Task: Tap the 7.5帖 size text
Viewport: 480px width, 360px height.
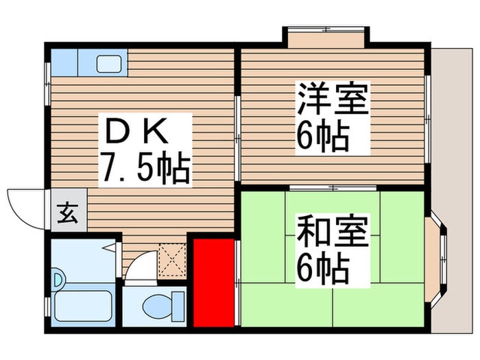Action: tap(145, 167)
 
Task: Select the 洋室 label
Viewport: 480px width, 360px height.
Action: tap(332, 99)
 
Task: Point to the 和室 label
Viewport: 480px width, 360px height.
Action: tap(332, 231)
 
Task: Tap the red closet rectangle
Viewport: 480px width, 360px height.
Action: tap(214, 283)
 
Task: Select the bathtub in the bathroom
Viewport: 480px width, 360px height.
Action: tap(83, 305)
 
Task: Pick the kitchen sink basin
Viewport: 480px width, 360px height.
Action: tap(109, 64)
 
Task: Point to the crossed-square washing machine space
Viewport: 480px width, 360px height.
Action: tap(172, 260)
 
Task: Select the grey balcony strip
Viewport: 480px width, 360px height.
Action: tap(452, 190)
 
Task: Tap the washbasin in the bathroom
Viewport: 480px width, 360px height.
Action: tap(58, 279)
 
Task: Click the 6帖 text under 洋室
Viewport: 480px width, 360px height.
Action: tap(322, 139)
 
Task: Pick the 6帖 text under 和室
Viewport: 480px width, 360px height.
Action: tap(322, 270)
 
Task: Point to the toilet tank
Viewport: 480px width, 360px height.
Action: tap(178, 306)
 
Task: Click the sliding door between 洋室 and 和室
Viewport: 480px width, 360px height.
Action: tap(333, 188)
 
